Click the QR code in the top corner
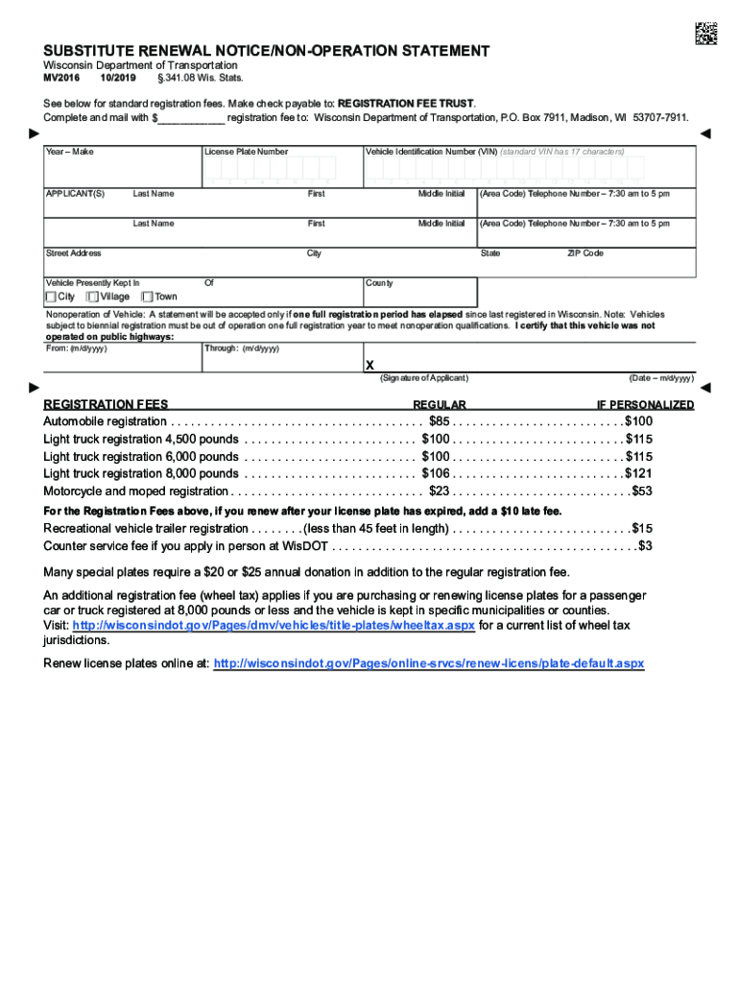[x=705, y=33]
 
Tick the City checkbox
[x=51, y=297]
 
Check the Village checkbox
[x=93, y=297]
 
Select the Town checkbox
[x=148, y=297]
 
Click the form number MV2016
[x=61, y=78]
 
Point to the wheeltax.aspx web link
[x=274, y=625]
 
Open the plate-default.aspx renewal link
[x=429, y=663]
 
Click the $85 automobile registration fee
[x=440, y=421]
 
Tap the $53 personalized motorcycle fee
[x=641, y=491]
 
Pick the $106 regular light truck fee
[x=436, y=473]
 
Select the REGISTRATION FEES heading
[x=106, y=405]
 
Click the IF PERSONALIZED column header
[x=645, y=405]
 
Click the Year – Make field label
[x=70, y=152]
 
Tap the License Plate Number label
[x=246, y=152]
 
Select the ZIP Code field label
[x=585, y=253]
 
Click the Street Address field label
[x=74, y=253]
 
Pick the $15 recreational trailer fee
[x=642, y=529]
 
